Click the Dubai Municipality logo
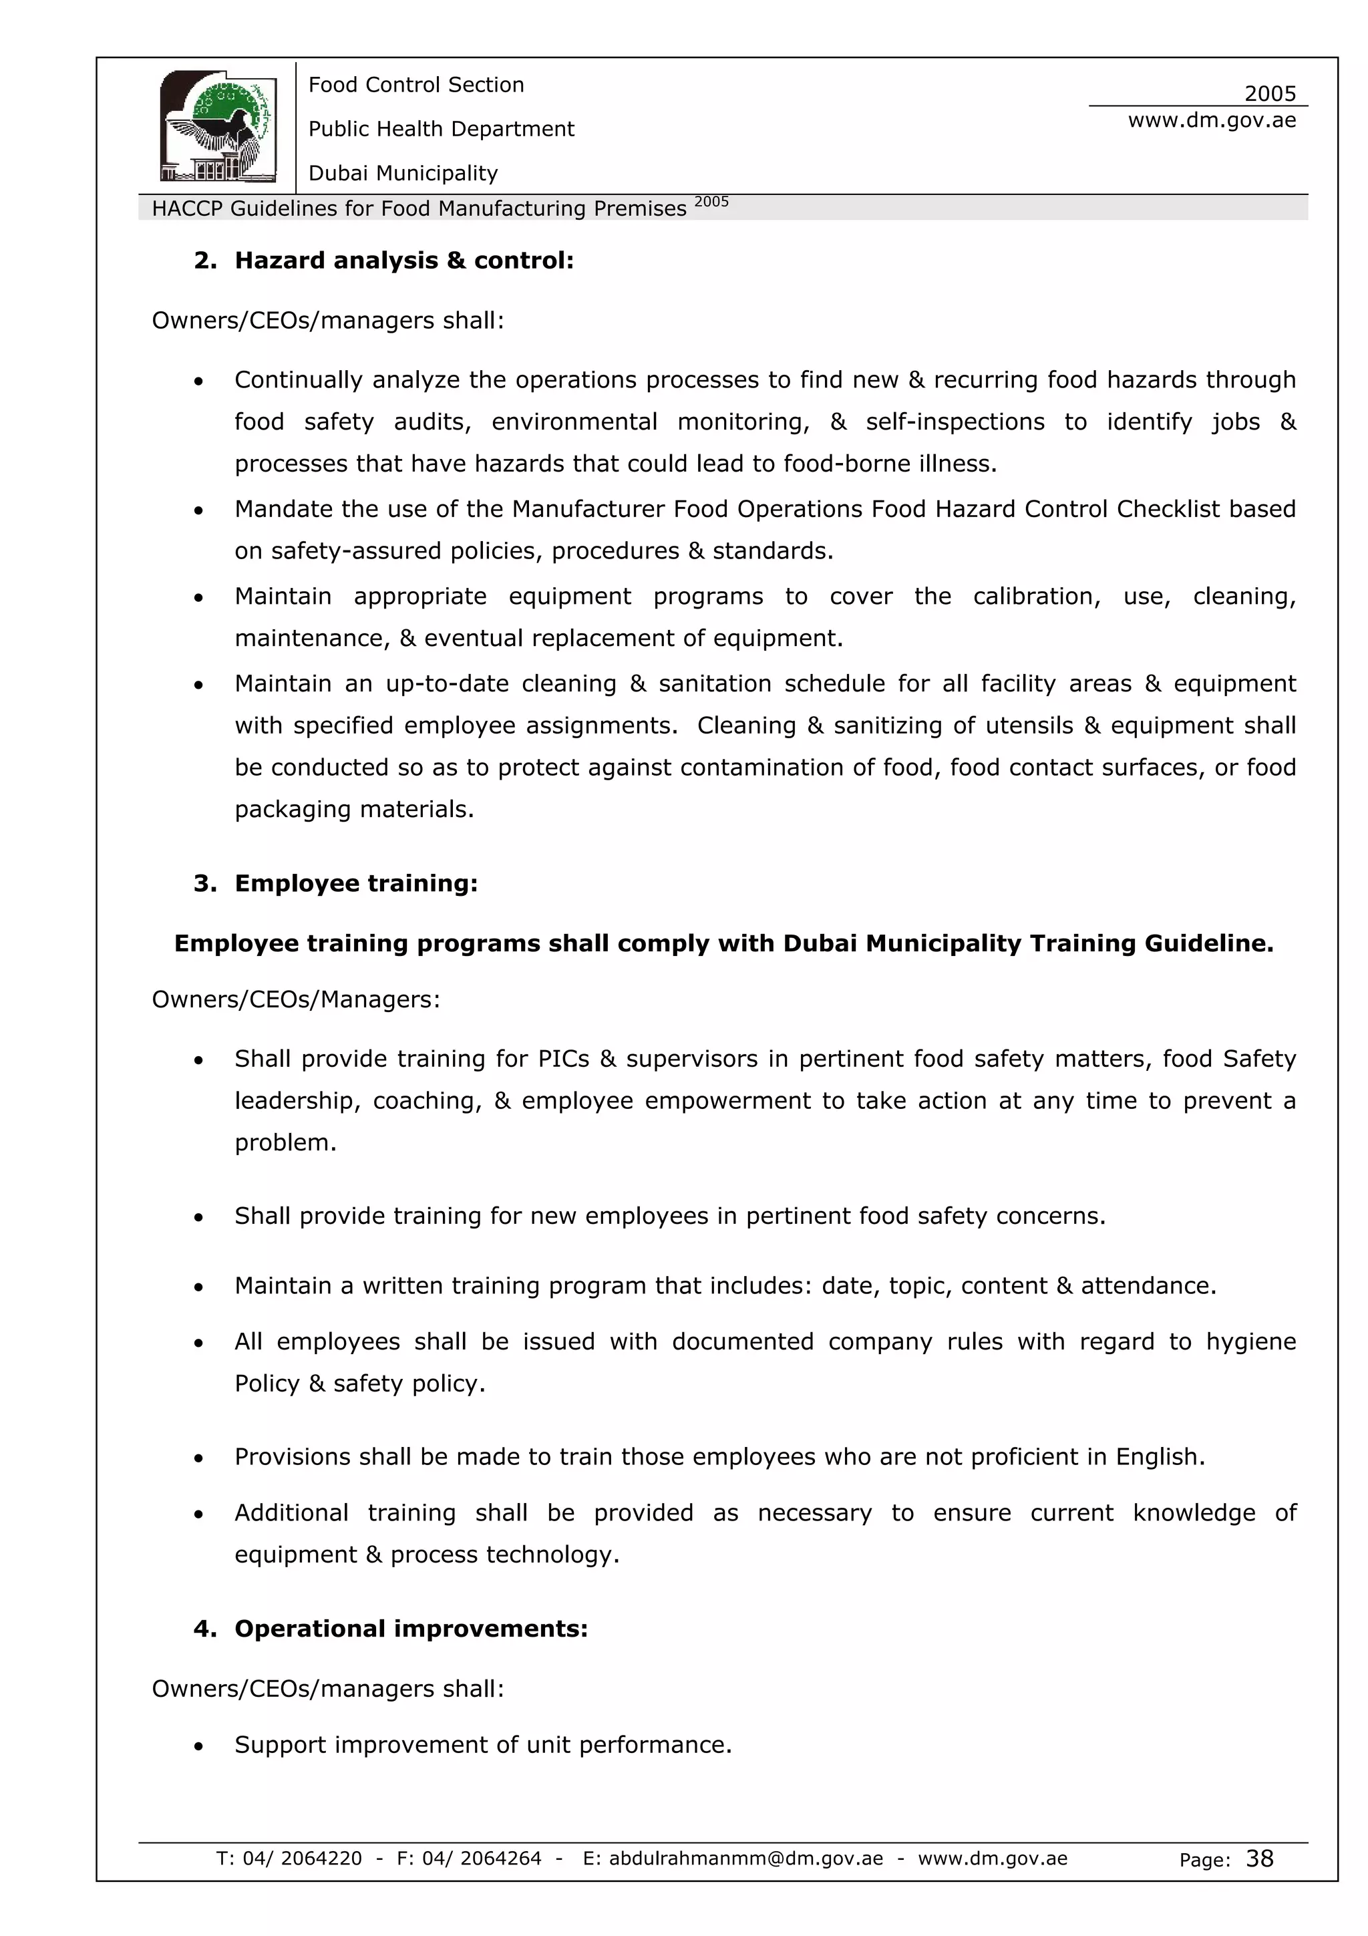[218, 126]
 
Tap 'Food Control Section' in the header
[415, 84]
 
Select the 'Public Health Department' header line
[441, 129]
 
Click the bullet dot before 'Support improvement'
[198, 1746]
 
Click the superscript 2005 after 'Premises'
[711, 202]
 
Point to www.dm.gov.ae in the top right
[1211, 120]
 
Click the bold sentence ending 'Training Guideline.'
[723, 943]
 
